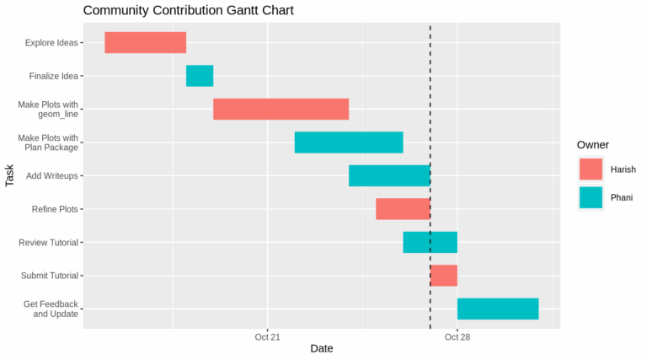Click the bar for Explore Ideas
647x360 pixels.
point(145,42)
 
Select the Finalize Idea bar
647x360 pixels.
point(200,76)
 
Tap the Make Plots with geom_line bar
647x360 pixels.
point(281,109)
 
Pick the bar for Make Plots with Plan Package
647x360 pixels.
point(349,142)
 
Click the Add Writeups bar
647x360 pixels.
point(389,175)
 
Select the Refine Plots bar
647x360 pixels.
point(403,209)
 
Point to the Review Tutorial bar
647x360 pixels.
point(430,242)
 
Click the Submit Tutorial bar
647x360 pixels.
point(444,276)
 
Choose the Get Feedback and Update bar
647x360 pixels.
point(498,309)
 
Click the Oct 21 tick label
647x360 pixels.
point(267,336)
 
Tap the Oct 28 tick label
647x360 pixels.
point(457,336)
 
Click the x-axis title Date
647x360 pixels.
point(321,349)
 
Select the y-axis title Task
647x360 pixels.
point(10,175)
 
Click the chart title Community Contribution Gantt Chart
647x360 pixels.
point(188,11)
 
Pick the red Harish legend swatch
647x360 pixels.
point(591,169)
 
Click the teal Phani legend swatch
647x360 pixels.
point(591,197)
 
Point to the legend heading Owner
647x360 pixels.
point(593,145)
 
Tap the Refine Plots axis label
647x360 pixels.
point(55,209)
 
